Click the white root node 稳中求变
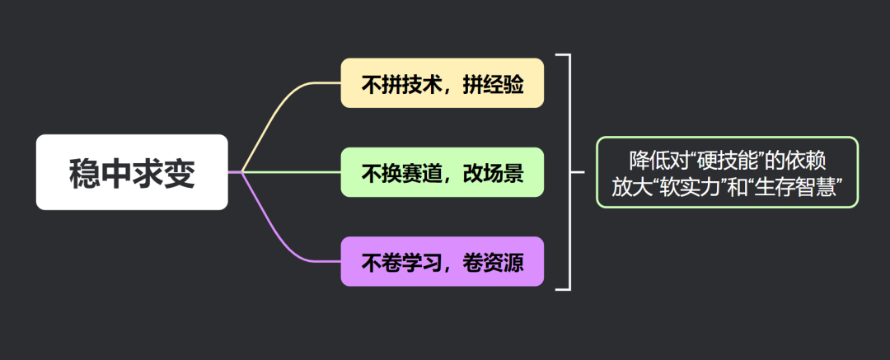(132, 172)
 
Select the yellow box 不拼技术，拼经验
(443, 83)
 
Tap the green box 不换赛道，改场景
(443, 172)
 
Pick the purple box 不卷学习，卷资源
(443, 262)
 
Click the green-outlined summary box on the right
(728, 172)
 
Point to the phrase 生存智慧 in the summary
(799, 187)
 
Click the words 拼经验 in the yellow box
(493, 84)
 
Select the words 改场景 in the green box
(493, 173)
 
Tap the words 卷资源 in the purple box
(493, 263)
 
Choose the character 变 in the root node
(179, 173)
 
